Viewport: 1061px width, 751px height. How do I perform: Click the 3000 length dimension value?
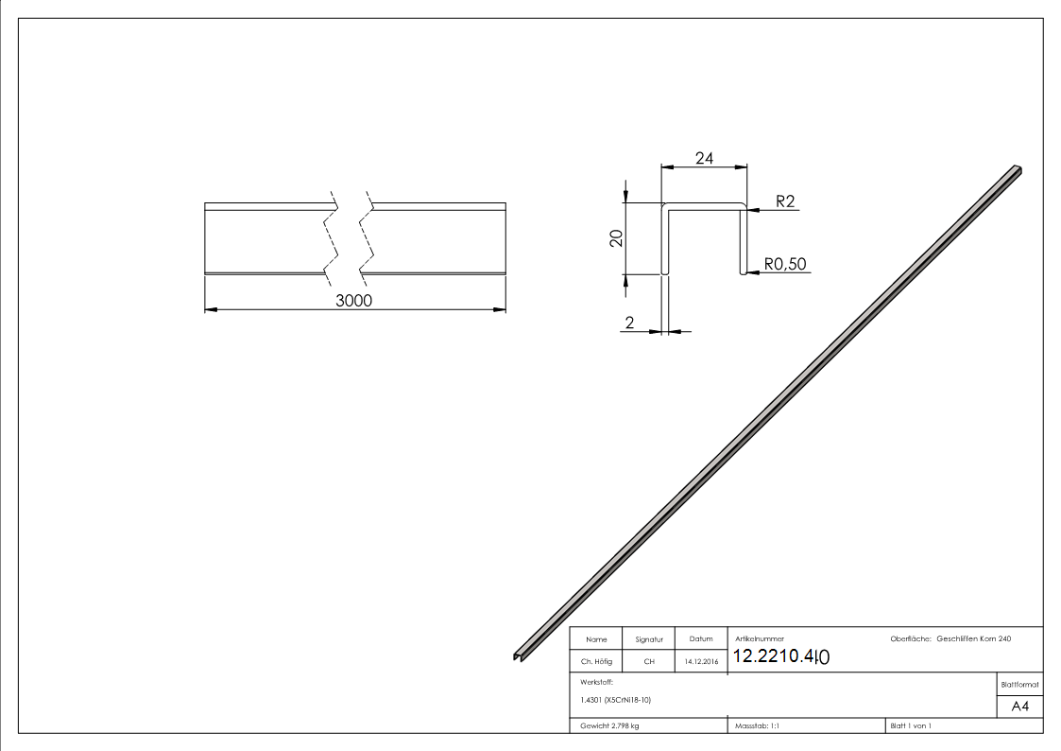click(x=354, y=301)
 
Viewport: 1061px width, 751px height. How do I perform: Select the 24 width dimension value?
click(x=704, y=159)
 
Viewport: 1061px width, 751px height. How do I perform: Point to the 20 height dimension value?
click(x=616, y=238)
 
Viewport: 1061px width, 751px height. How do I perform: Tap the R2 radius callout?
click(x=785, y=201)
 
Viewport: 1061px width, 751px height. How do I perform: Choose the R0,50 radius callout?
click(x=786, y=264)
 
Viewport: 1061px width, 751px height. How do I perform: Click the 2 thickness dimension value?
click(x=628, y=323)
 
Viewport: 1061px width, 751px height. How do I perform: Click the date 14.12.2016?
click(x=701, y=662)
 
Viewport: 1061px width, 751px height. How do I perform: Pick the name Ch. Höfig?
click(x=596, y=662)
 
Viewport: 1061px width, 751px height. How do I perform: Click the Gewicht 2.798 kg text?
click(x=610, y=725)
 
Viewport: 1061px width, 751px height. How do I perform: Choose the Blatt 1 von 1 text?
click(x=911, y=725)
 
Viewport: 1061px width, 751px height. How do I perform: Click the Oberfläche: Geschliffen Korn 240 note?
click(x=950, y=639)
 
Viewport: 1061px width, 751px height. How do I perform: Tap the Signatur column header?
click(x=649, y=639)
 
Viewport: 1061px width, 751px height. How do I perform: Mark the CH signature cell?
click(x=649, y=662)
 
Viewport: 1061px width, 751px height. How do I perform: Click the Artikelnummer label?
click(x=759, y=639)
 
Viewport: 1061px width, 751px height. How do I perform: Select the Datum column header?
click(x=701, y=639)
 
